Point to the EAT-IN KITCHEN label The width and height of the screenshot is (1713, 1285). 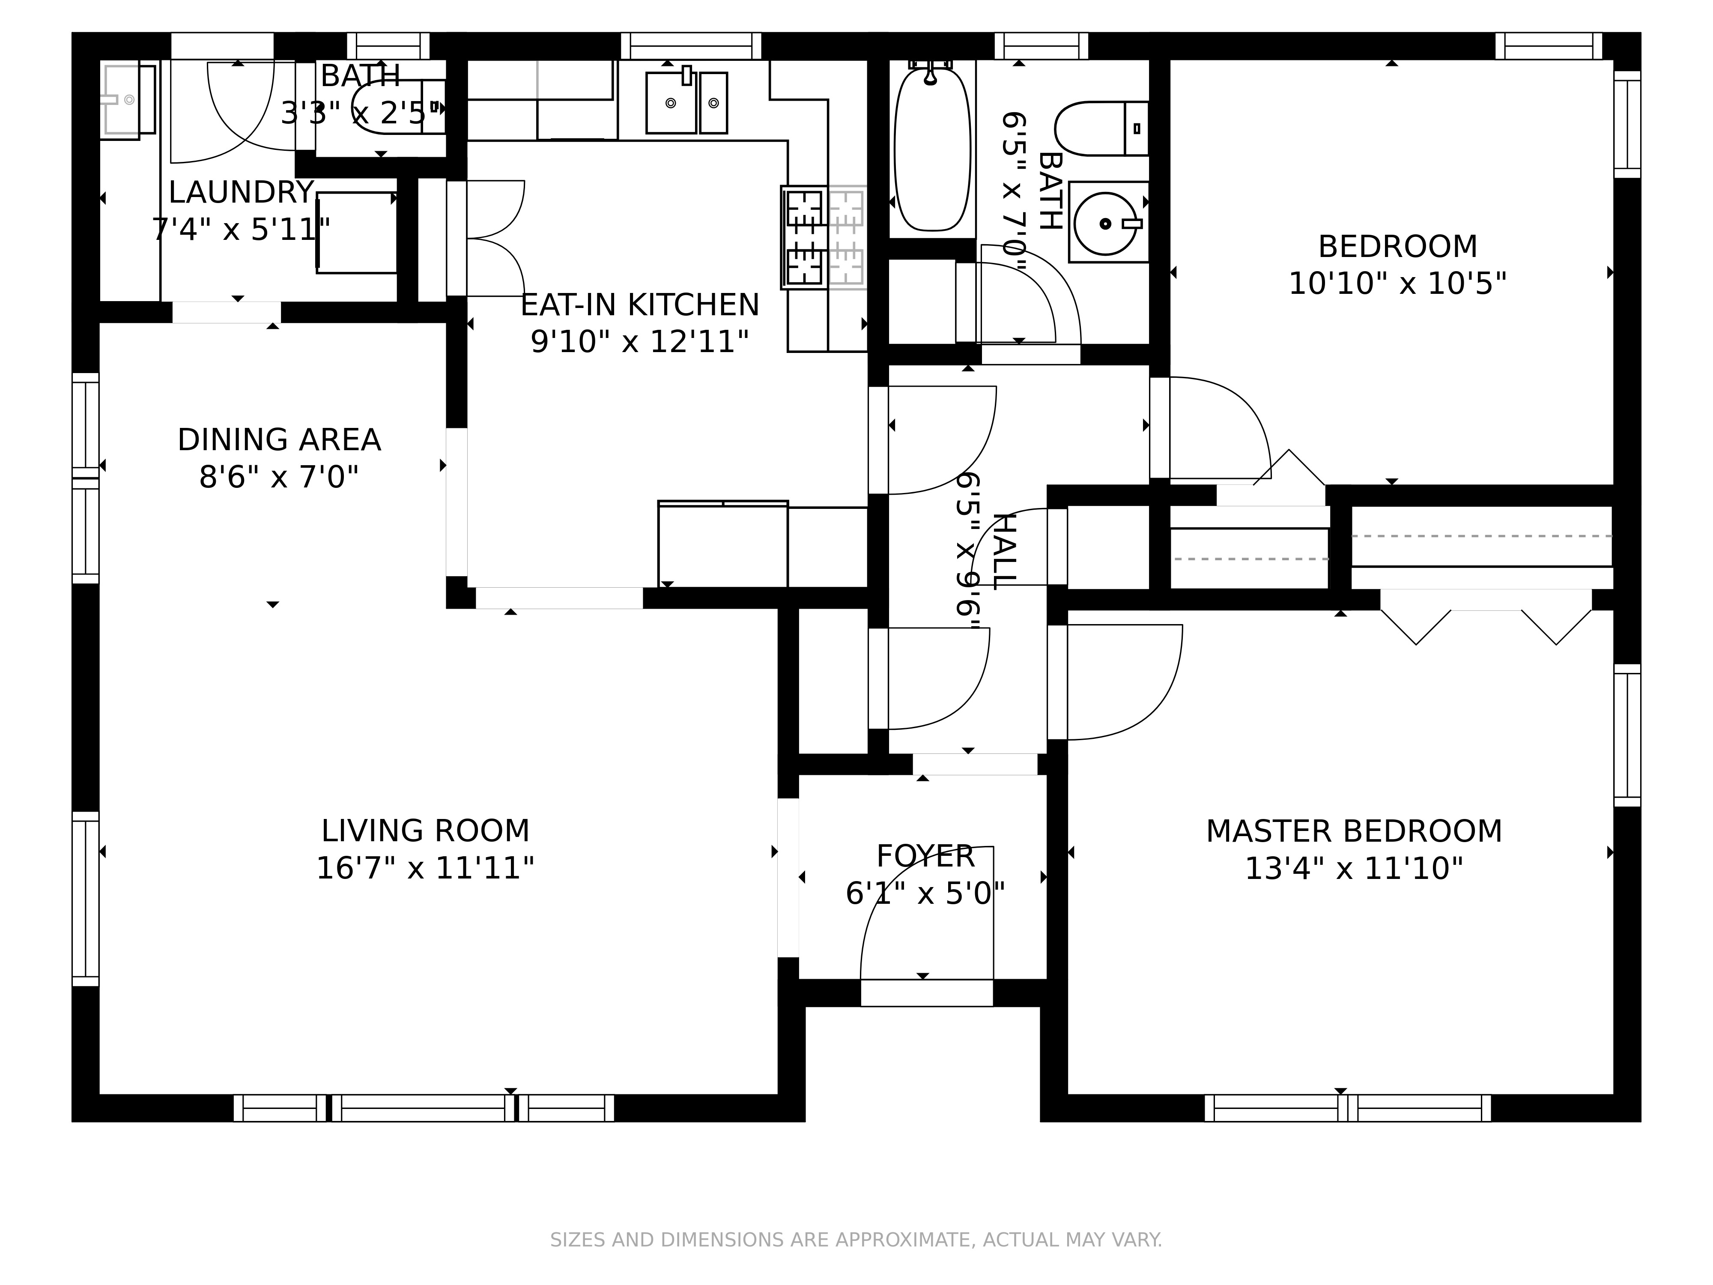[x=640, y=305]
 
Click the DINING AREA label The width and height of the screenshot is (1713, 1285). [x=279, y=440]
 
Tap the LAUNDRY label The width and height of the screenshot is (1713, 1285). [x=241, y=192]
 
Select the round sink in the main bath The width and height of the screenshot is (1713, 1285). [x=1105, y=224]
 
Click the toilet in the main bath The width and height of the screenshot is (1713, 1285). [x=1101, y=128]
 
